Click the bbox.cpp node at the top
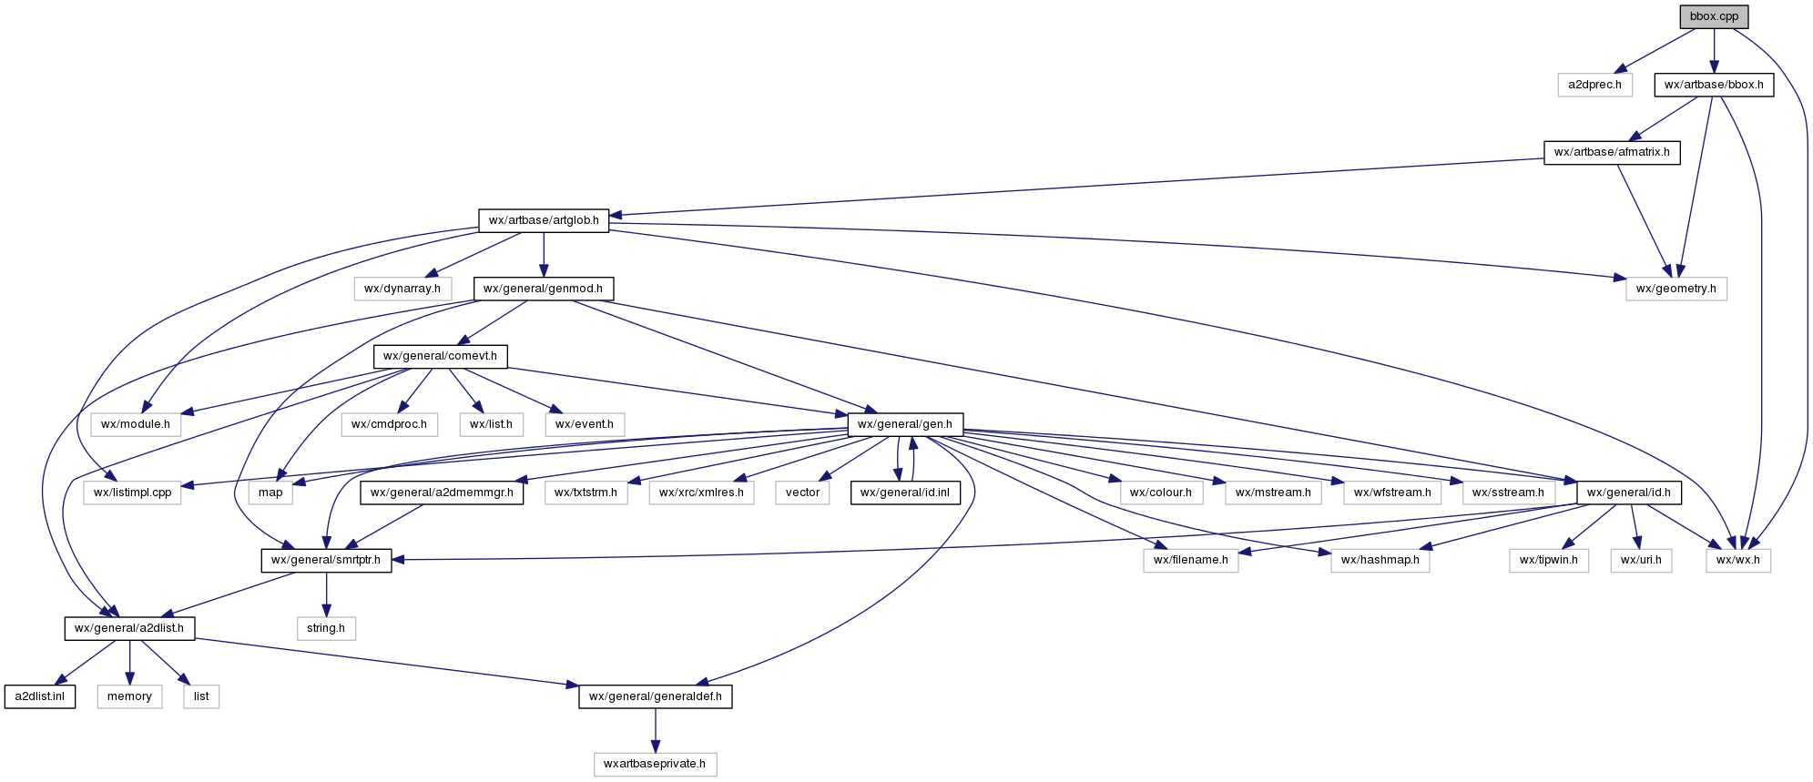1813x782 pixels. click(1714, 16)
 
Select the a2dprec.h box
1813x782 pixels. click(1594, 85)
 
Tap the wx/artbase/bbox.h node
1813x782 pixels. click(1713, 85)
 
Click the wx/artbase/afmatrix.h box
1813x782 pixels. click(1611, 152)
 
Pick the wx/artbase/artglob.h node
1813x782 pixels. click(544, 220)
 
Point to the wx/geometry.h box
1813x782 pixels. click(1675, 289)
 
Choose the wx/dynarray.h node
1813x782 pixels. click(402, 289)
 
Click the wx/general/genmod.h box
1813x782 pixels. click(543, 289)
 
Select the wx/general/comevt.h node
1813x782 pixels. click(440, 356)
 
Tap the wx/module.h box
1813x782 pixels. click(135, 424)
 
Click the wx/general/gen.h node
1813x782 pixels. click(904, 424)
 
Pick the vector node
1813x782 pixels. click(802, 493)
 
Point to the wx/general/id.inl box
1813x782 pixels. click(904, 493)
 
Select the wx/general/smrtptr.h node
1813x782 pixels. click(326, 560)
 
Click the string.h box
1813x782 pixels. click(325, 628)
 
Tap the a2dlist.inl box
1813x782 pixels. click(39, 696)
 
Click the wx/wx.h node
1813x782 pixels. click(1737, 560)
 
